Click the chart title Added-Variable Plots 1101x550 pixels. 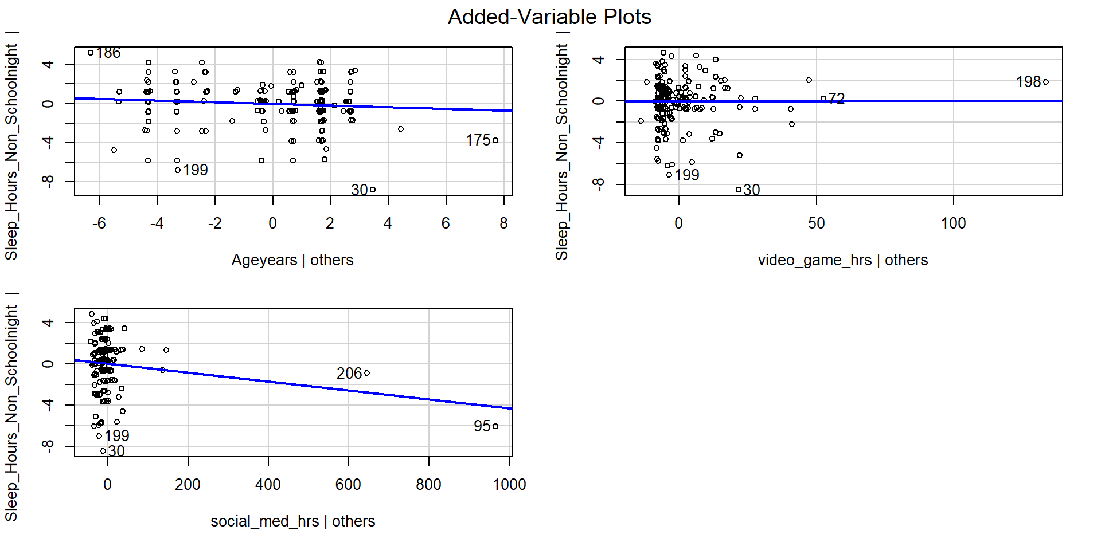(x=549, y=17)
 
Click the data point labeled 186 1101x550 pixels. (x=91, y=53)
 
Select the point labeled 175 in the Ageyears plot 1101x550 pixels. (x=495, y=140)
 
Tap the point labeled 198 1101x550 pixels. (x=1046, y=82)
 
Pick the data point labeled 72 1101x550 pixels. (x=823, y=99)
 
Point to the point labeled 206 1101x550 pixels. (x=367, y=373)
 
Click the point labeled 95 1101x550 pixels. (x=495, y=426)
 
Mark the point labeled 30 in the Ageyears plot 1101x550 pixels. (x=373, y=190)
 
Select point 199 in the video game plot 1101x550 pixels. (x=669, y=175)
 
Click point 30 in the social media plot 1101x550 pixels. (x=103, y=451)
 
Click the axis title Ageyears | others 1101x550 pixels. (x=292, y=260)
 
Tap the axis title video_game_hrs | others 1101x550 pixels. (x=842, y=260)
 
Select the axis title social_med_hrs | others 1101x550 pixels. (x=292, y=521)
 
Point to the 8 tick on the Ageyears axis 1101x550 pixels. (x=503, y=223)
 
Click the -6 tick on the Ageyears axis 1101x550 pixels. (x=99, y=223)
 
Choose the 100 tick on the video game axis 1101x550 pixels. (x=953, y=223)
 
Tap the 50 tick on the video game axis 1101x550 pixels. (x=816, y=223)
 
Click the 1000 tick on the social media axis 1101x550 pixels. (x=509, y=485)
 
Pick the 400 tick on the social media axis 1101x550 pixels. (x=268, y=485)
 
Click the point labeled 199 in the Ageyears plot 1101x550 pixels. (x=178, y=170)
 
